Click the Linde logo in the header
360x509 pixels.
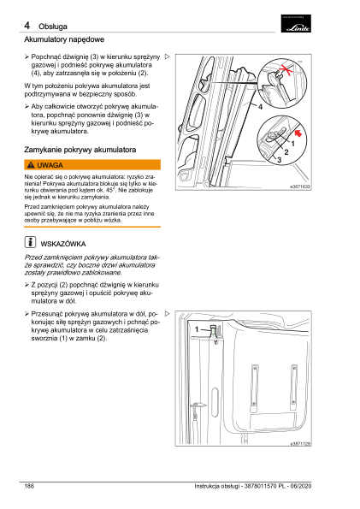[x=296, y=24]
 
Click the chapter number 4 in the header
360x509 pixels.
[x=27, y=26]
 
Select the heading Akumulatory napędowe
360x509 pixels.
[x=64, y=39]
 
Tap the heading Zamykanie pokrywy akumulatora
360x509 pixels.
[x=80, y=150]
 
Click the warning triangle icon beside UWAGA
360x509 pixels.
[x=31, y=165]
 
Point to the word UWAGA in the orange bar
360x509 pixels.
[x=50, y=165]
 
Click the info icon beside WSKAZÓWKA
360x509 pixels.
[x=30, y=242]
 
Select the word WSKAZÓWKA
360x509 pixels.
[x=63, y=244]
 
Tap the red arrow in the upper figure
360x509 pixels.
[x=298, y=133]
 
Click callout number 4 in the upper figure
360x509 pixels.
[x=260, y=106]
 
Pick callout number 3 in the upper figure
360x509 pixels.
[x=279, y=160]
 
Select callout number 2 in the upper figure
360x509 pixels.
[x=286, y=152]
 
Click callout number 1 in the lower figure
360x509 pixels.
[x=197, y=329]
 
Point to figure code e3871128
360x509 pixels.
[x=300, y=443]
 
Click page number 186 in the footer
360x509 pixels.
[x=29, y=486]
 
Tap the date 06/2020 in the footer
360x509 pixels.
[x=301, y=486]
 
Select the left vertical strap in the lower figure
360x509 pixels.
[x=254, y=385]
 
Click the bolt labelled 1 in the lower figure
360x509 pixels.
[x=214, y=332]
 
